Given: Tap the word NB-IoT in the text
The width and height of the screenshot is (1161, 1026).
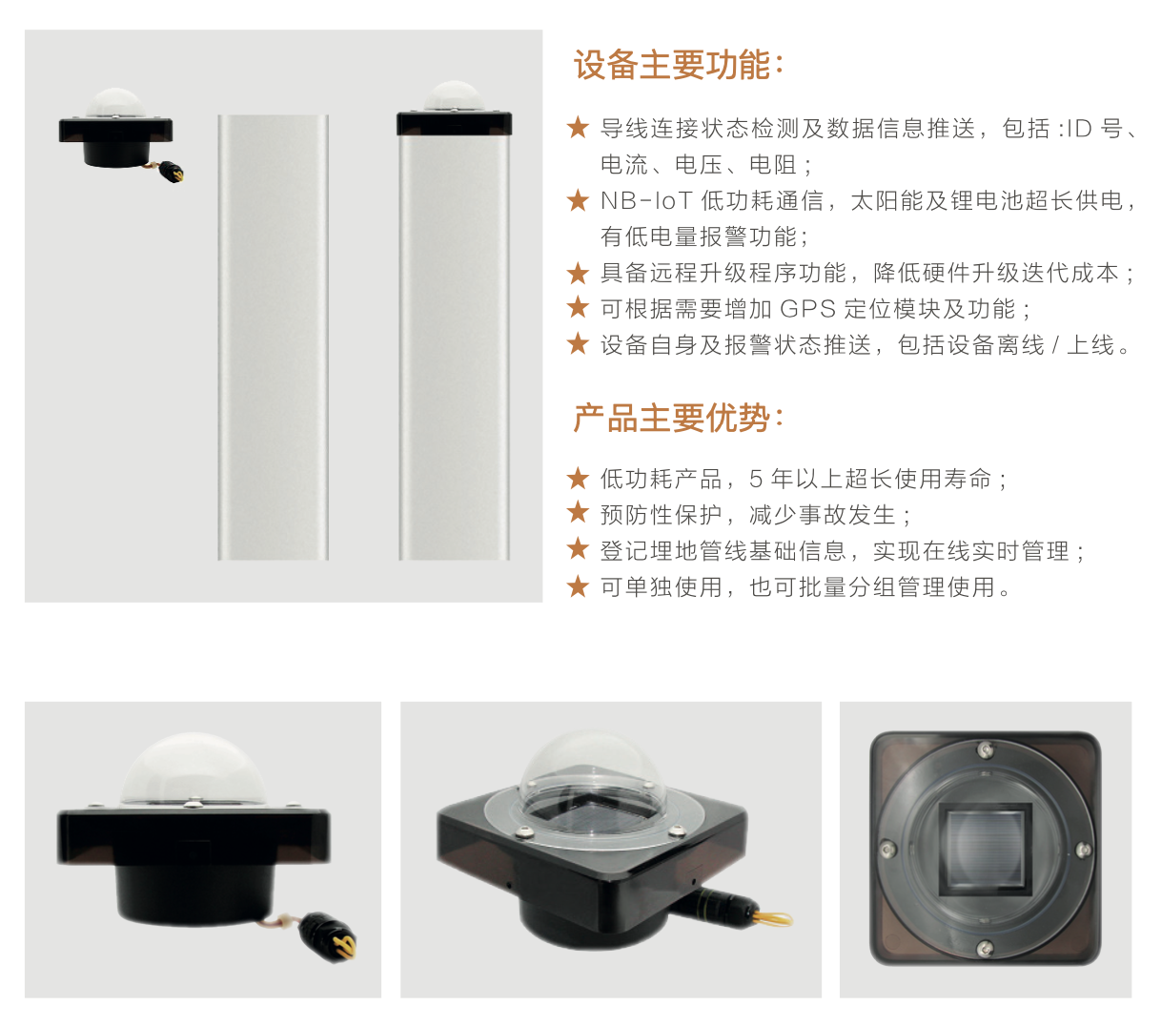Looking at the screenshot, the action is pyautogui.click(x=646, y=201).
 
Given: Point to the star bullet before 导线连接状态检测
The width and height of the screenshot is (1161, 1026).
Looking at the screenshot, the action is pyautogui.click(x=578, y=128).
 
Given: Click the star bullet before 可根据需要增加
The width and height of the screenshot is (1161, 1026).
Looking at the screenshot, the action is pyautogui.click(x=578, y=308).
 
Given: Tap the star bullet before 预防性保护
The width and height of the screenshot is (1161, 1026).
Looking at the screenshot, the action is pyautogui.click(x=578, y=513).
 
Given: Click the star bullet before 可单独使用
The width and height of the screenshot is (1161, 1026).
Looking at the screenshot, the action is pyautogui.click(x=578, y=586).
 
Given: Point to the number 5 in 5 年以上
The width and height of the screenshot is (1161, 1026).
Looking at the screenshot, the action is pyautogui.click(x=756, y=479).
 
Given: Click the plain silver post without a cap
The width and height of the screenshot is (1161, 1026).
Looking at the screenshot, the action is pyautogui.click(x=274, y=337).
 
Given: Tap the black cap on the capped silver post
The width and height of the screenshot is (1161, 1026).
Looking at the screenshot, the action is pyautogui.click(x=455, y=124).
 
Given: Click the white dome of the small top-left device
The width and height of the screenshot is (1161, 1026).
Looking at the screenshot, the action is pyautogui.click(x=115, y=103).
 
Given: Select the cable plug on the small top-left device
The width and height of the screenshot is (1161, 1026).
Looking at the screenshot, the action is pyautogui.click(x=171, y=172).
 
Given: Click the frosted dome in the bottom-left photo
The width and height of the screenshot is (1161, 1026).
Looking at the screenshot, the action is pyautogui.click(x=193, y=769).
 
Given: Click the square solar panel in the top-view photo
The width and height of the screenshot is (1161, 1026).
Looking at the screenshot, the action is pyautogui.click(x=985, y=847).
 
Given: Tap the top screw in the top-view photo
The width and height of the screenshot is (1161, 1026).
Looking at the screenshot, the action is pyautogui.click(x=985, y=748).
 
